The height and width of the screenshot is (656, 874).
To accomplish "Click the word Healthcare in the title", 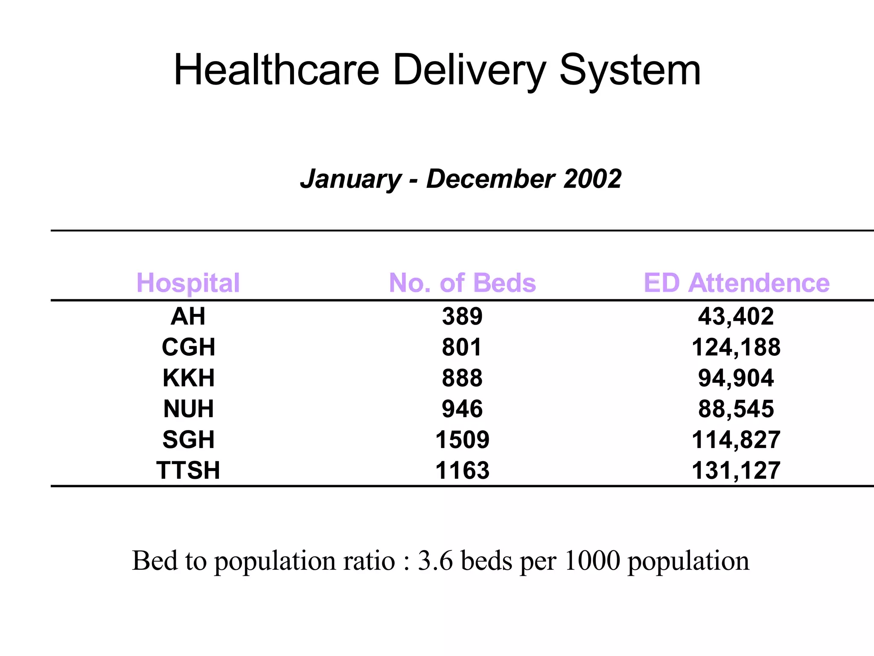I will [277, 70].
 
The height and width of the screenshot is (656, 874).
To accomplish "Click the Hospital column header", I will [188, 283].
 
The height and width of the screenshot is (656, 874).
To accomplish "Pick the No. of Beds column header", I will [462, 283].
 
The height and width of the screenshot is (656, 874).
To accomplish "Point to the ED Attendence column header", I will [736, 283].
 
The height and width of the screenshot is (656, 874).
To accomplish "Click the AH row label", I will [188, 316].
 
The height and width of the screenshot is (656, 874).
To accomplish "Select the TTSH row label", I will [188, 471].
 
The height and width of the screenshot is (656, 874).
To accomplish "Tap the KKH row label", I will [188, 378].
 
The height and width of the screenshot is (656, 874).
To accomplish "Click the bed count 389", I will [462, 316].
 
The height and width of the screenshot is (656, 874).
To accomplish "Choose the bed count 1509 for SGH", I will [462, 440].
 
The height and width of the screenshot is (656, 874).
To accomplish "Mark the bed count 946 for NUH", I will [462, 409].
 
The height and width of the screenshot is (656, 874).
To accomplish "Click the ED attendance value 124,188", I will [736, 347].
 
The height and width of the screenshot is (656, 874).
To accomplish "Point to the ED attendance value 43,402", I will [736, 316].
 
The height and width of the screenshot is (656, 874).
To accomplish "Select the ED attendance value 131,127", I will [736, 471].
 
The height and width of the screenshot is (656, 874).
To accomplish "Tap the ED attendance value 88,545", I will [736, 409].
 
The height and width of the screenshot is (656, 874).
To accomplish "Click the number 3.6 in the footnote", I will [435, 561].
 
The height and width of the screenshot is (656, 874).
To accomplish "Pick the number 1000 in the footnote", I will [591, 561].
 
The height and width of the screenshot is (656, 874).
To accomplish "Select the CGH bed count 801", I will [462, 347].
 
